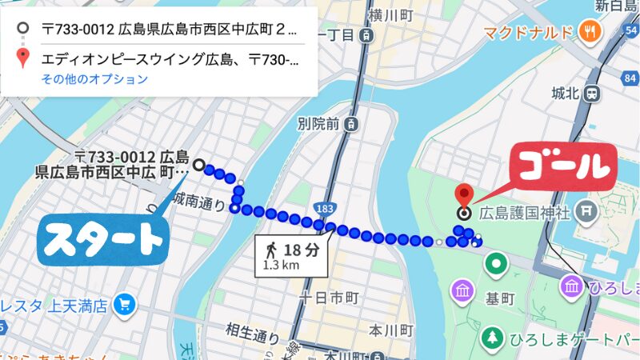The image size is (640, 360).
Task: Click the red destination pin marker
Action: pos(463,195)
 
